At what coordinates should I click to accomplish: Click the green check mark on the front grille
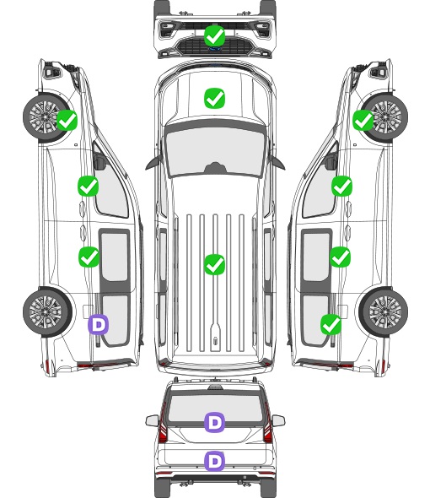pyautogui.click(x=214, y=36)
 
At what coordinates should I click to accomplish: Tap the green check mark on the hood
pyautogui.click(x=214, y=98)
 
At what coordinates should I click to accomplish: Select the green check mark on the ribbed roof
pyautogui.click(x=214, y=264)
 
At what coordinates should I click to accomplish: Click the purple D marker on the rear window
pyautogui.click(x=214, y=422)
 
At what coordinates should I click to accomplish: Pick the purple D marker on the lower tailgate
pyautogui.click(x=214, y=461)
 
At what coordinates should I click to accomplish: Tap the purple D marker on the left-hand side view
pyautogui.click(x=99, y=325)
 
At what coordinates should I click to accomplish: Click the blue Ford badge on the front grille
pyautogui.click(x=215, y=49)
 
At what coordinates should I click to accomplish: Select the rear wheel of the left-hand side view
pyautogui.click(x=47, y=312)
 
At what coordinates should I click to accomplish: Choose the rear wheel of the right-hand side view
pyautogui.click(x=384, y=312)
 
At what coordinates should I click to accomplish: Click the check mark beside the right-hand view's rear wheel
pyautogui.click(x=331, y=325)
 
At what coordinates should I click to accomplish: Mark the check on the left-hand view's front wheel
pyautogui.click(x=67, y=121)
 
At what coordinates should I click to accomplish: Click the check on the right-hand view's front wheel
pyautogui.click(x=363, y=121)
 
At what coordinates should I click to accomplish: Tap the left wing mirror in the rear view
pyautogui.click(x=153, y=421)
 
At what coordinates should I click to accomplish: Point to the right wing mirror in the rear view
pyautogui.click(x=278, y=421)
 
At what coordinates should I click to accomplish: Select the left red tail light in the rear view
pyautogui.click(x=163, y=425)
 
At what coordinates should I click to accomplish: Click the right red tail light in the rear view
pyautogui.click(x=267, y=425)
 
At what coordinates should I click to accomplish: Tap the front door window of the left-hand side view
pyautogui.click(x=110, y=186)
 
